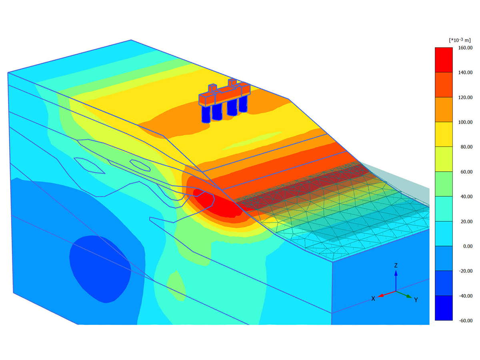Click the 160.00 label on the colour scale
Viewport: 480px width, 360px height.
click(465, 48)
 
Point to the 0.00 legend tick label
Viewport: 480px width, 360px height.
click(468, 246)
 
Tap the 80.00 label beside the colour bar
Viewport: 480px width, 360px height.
click(466, 147)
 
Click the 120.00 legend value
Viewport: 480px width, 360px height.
click(465, 97)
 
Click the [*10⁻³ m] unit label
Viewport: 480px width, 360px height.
click(460, 40)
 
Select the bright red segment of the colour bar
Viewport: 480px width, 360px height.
click(444, 60)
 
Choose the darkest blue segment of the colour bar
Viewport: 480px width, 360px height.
click(444, 308)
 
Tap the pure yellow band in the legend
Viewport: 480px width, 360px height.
click(444, 134)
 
